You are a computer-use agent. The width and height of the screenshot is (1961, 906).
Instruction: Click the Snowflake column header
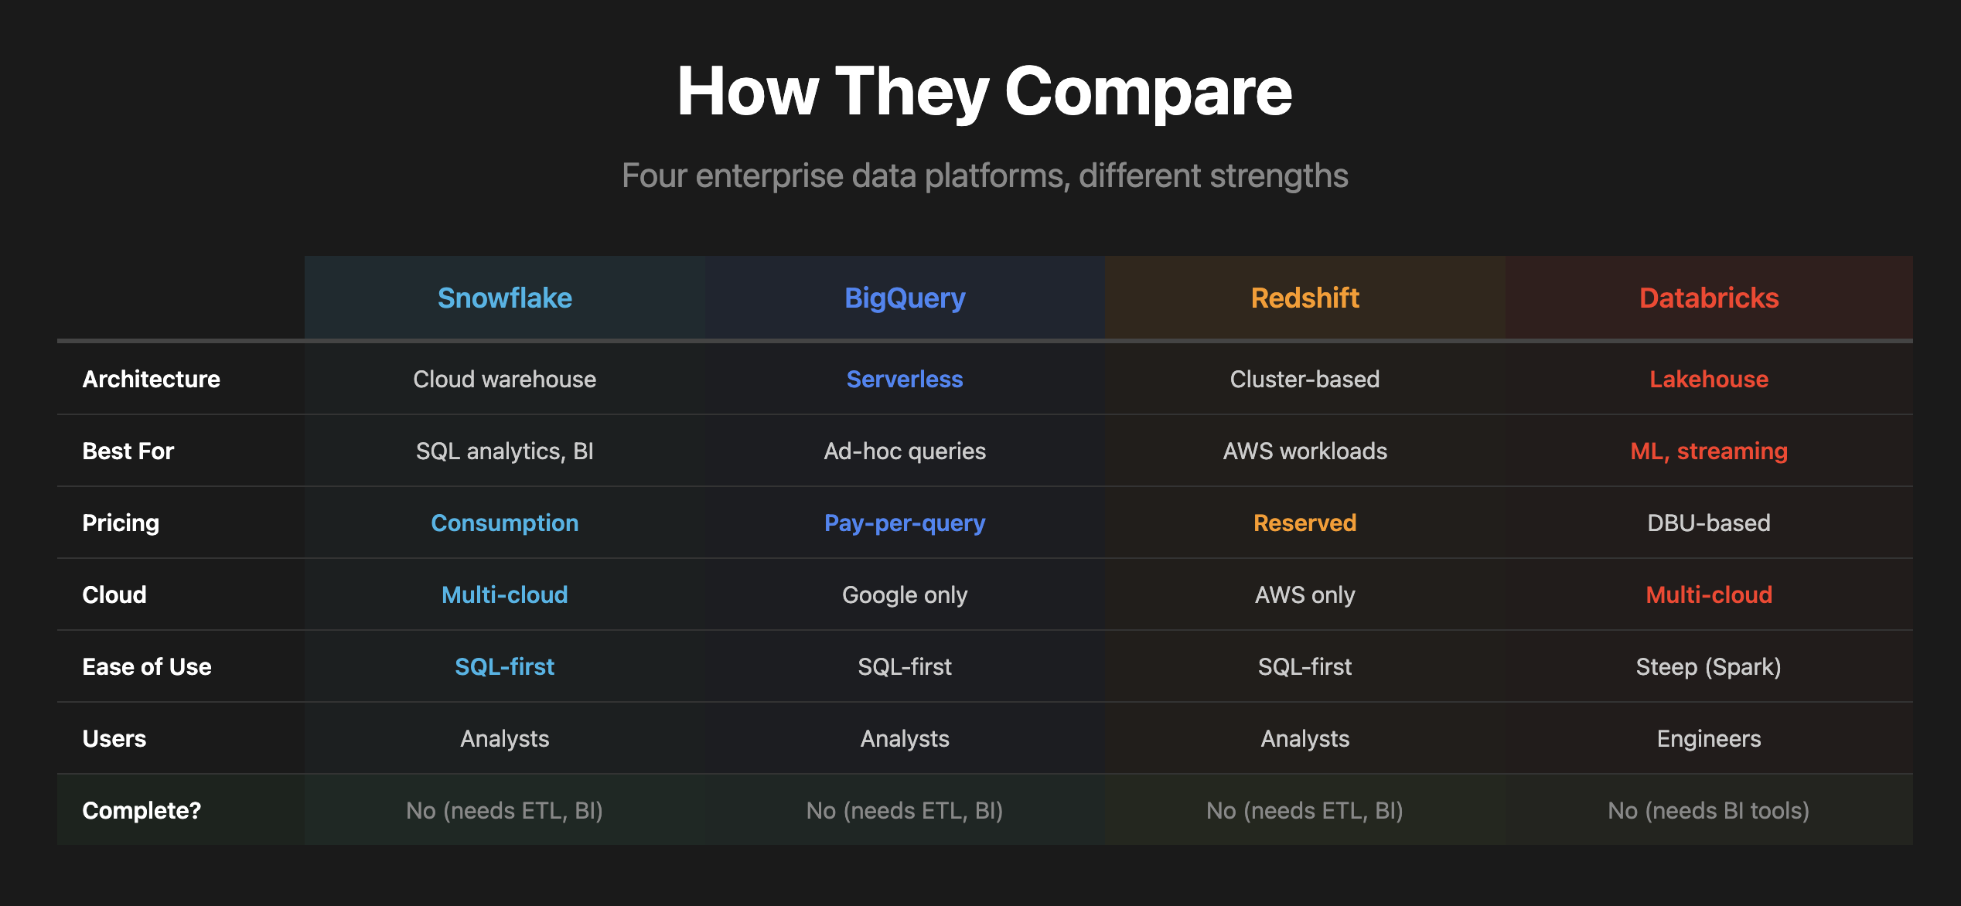point(504,298)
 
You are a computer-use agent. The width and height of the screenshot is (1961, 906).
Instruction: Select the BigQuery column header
point(905,298)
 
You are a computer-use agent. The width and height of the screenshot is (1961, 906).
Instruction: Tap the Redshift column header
point(1304,298)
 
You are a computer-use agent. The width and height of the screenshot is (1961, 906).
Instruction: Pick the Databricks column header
point(1709,298)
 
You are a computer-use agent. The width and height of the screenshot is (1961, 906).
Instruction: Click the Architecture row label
point(152,379)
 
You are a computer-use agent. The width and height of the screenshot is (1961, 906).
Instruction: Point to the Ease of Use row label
point(147,666)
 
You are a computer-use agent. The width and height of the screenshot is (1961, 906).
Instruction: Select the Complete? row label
point(142,810)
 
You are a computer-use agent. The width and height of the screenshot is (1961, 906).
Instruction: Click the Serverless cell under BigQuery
point(905,379)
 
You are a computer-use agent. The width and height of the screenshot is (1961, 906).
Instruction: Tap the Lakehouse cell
point(1709,379)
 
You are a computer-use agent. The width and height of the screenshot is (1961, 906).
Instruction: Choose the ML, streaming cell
point(1709,451)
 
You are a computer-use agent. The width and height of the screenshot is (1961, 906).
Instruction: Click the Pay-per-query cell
point(905,523)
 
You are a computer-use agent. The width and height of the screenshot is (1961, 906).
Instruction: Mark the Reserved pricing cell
point(1304,523)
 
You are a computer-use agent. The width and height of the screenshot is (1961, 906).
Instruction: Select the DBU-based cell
point(1709,523)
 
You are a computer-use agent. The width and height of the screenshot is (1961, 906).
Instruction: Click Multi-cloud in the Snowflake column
point(504,594)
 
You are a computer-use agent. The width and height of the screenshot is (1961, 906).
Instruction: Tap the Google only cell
point(905,594)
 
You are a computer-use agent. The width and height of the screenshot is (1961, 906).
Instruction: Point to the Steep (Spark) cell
point(1709,666)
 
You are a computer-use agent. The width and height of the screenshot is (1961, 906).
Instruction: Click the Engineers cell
point(1709,738)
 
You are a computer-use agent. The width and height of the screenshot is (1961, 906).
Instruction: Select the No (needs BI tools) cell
point(1709,810)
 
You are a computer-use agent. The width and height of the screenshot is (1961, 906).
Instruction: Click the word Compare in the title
point(1148,93)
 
